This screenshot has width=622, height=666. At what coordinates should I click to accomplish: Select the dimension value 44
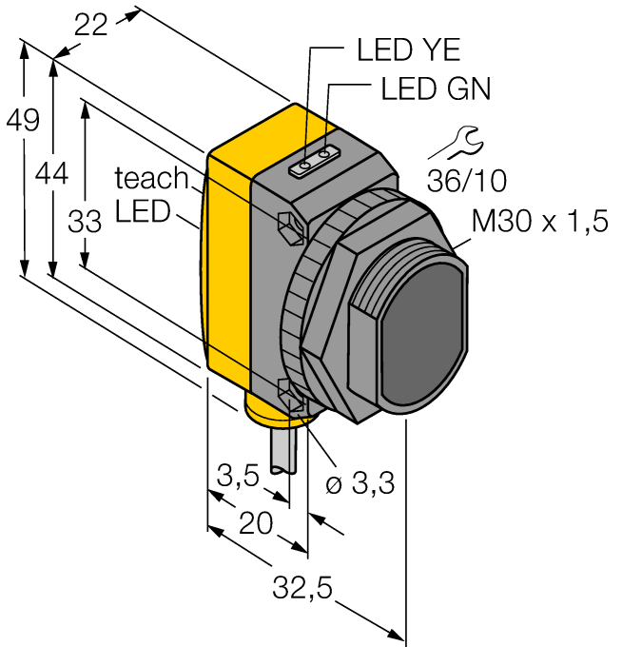click(52, 174)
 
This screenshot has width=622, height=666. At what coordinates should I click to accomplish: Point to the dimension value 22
click(91, 26)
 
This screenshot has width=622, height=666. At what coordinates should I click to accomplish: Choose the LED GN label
click(436, 89)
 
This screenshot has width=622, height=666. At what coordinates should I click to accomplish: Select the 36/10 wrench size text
click(466, 181)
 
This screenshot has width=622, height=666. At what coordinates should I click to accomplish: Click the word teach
click(151, 177)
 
